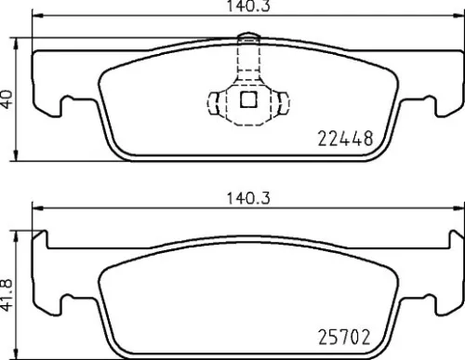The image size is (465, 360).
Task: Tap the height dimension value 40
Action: click(8, 98)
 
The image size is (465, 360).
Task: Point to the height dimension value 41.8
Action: click(8, 293)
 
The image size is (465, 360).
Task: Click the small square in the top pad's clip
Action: click(248, 100)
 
